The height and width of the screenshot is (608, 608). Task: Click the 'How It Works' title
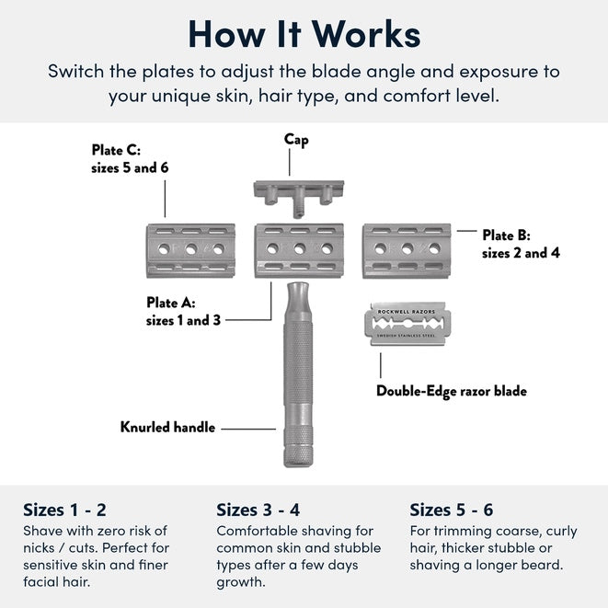click(304, 33)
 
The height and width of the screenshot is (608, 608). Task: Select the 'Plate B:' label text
click(506, 235)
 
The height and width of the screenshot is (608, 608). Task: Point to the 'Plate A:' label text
click(171, 302)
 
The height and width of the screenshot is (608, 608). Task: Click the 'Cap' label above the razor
click(296, 140)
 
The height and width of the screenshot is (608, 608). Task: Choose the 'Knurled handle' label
click(167, 427)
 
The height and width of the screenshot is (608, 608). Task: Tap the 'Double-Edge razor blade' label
click(451, 391)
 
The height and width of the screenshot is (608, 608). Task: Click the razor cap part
click(297, 190)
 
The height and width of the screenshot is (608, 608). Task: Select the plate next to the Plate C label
click(190, 249)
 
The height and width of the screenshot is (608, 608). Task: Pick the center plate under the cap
click(298, 249)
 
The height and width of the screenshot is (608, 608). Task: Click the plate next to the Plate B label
click(406, 249)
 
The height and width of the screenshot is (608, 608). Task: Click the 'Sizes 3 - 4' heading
click(258, 510)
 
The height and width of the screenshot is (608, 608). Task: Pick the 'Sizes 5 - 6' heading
click(452, 510)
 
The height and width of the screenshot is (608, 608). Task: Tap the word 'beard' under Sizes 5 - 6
click(543, 566)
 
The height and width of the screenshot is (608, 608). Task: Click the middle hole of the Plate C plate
click(190, 249)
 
